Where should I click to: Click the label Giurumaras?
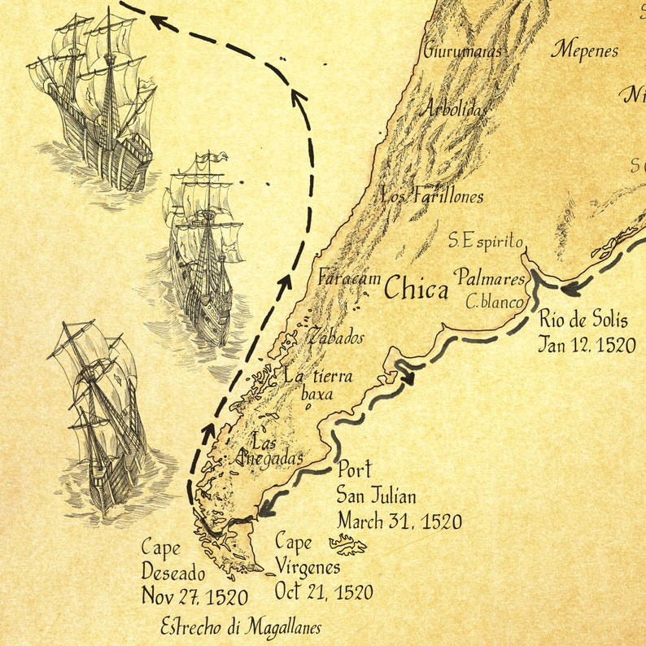[x=462, y=50]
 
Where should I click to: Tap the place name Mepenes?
[x=585, y=50]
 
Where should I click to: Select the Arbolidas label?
[x=454, y=108]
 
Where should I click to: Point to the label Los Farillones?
[x=432, y=196]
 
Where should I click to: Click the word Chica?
[x=416, y=287]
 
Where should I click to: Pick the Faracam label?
[x=349, y=277]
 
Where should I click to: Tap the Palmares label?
[x=490, y=279]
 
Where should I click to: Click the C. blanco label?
[x=495, y=302]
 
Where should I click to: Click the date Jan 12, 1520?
[x=586, y=344]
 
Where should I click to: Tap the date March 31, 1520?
[x=399, y=521]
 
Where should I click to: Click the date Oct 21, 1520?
[x=324, y=591]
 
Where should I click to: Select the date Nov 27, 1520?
[x=194, y=596]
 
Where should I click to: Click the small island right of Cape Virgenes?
[x=347, y=546]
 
